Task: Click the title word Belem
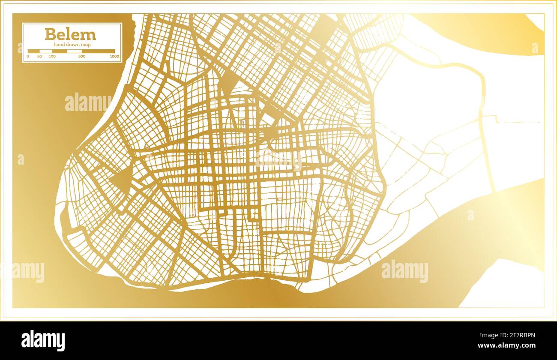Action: pos(70,34)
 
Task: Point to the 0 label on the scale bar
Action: pos(28,56)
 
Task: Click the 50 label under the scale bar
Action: pos(39,56)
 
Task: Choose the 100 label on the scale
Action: pos(52,56)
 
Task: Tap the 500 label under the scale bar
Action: pos(82,56)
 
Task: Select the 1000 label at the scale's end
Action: pos(114,56)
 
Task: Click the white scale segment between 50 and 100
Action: pos(46,51)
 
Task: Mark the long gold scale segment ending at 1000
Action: pos(99,51)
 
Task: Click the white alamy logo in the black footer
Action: pos(43,340)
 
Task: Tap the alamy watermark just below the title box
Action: pos(88,103)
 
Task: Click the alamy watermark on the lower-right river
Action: pos(404,271)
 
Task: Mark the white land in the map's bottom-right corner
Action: pos(506,287)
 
